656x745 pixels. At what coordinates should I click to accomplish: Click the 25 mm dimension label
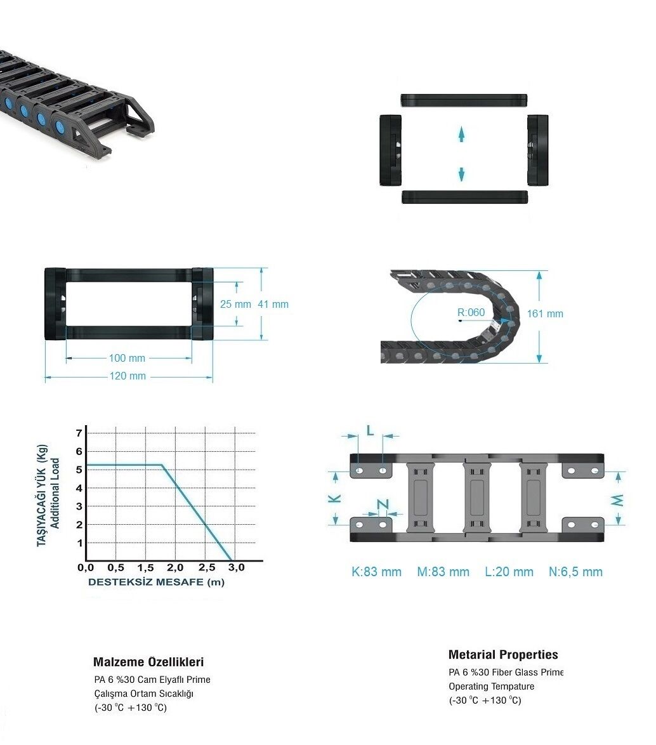(x=235, y=304)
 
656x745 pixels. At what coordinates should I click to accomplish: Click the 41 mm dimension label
(x=273, y=304)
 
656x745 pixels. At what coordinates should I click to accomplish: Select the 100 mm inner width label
(x=127, y=359)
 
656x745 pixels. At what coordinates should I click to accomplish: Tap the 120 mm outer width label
(x=128, y=376)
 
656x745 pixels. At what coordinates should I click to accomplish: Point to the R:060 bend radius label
(x=471, y=312)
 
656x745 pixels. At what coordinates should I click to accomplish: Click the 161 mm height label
(x=545, y=313)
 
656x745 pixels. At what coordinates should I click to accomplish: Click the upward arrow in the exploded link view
(x=461, y=135)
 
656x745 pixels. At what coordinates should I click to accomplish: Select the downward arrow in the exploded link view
(x=461, y=174)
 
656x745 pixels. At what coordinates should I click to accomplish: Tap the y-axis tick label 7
(x=79, y=433)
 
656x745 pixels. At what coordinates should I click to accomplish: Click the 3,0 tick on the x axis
(x=236, y=567)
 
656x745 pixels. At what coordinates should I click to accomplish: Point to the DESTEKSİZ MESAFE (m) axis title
(x=156, y=582)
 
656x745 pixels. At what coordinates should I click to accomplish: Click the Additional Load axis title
(x=55, y=493)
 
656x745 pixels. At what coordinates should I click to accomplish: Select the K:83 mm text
(x=376, y=572)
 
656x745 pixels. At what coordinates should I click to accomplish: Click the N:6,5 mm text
(x=575, y=572)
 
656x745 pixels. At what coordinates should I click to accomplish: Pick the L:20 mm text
(x=509, y=572)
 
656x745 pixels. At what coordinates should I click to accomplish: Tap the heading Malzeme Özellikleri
(x=148, y=662)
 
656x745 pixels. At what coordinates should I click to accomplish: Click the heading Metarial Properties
(x=503, y=655)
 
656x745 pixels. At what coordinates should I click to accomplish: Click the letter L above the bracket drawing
(x=371, y=430)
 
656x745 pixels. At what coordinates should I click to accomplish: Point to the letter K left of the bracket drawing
(x=335, y=498)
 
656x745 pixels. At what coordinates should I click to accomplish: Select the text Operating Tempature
(x=492, y=687)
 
